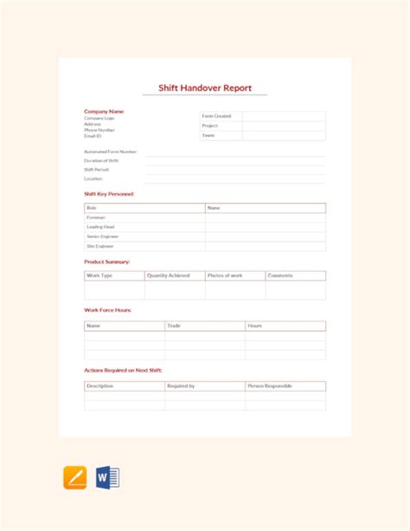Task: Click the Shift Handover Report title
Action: (x=204, y=87)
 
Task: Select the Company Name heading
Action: (x=104, y=111)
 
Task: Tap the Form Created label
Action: (x=216, y=116)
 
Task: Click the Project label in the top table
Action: (x=209, y=126)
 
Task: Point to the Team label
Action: (x=208, y=135)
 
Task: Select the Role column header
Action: (x=92, y=208)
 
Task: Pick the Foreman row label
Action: (x=96, y=217)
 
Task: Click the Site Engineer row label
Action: (x=100, y=246)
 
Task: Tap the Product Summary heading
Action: (x=106, y=261)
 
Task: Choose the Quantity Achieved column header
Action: (x=168, y=275)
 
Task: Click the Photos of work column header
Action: (x=225, y=275)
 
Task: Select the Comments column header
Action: (x=280, y=275)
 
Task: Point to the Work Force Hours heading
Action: (x=108, y=309)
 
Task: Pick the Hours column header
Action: (x=254, y=326)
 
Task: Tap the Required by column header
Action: (x=181, y=385)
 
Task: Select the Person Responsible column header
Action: (x=270, y=385)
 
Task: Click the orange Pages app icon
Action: (x=75, y=477)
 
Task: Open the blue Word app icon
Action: (x=107, y=477)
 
